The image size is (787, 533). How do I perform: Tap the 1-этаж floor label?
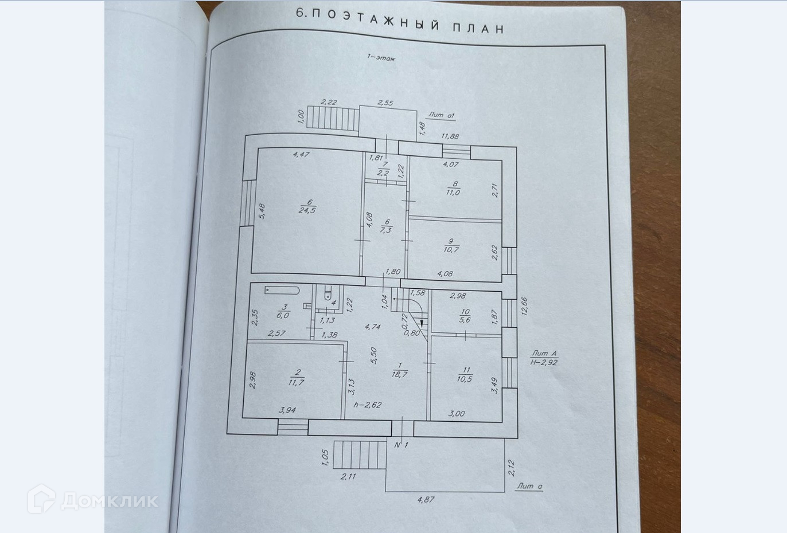(381, 57)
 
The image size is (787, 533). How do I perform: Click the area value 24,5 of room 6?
(307, 210)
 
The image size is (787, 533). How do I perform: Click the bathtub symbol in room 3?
(282, 290)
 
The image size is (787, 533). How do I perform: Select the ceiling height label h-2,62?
(368, 405)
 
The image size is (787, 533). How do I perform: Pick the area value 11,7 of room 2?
(296, 383)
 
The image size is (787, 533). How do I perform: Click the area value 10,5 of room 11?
(464, 379)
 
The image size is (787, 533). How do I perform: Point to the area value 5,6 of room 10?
(465, 320)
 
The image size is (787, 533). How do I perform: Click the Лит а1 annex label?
(441, 115)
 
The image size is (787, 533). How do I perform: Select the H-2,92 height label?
(544, 362)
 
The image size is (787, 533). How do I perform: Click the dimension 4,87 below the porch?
(426, 500)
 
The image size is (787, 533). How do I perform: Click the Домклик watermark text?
(109, 500)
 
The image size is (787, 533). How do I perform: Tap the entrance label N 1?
(402, 445)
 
